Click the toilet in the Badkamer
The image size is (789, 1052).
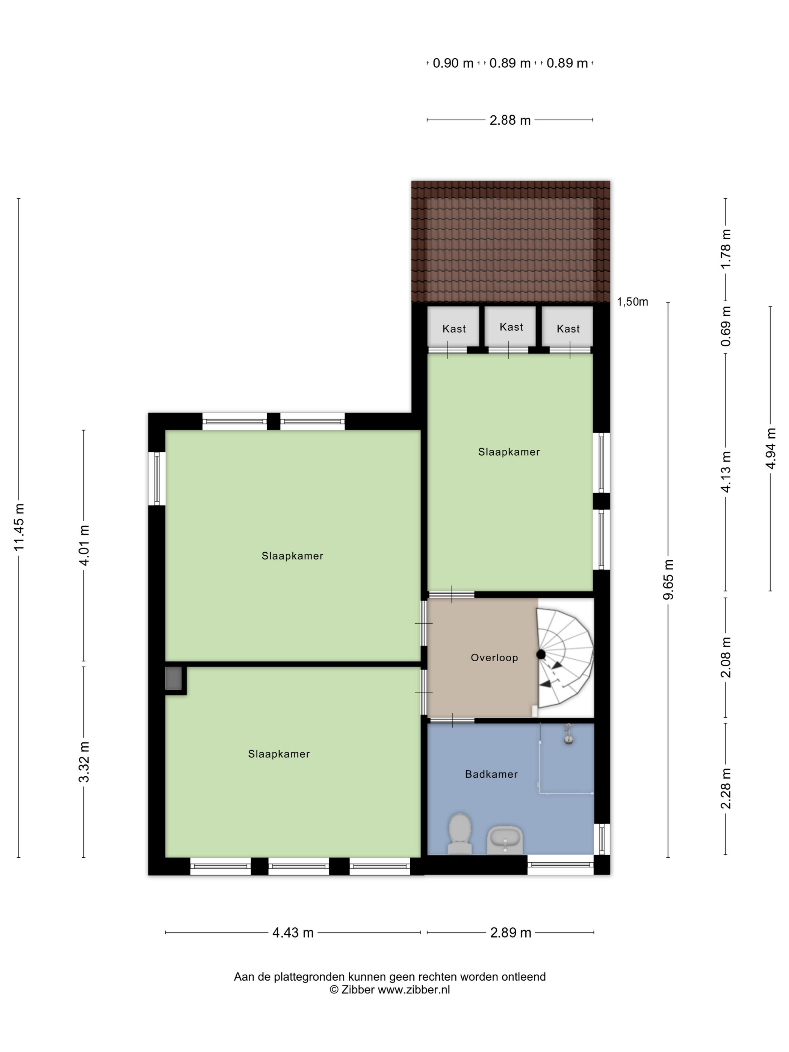(459, 833)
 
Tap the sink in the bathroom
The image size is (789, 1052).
(505, 840)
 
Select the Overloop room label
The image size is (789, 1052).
(494, 658)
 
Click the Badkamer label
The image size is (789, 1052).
(491, 774)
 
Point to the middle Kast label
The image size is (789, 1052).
(511, 327)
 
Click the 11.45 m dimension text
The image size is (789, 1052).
(19, 528)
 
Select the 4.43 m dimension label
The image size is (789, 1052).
(293, 933)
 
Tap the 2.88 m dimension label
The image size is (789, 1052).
(510, 120)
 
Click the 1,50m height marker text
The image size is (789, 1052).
(633, 302)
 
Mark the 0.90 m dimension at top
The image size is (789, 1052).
(453, 63)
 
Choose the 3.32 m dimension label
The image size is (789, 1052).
(84, 762)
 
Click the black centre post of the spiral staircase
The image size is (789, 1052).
(541, 654)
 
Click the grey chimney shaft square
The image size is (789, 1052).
(174, 679)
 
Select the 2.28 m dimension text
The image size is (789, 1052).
(726, 788)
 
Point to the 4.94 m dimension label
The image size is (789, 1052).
(771, 449)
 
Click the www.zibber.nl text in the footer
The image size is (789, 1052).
(414, 990)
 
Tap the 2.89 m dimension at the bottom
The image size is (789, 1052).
(510, 933)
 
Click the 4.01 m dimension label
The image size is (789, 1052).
(84, 546)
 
